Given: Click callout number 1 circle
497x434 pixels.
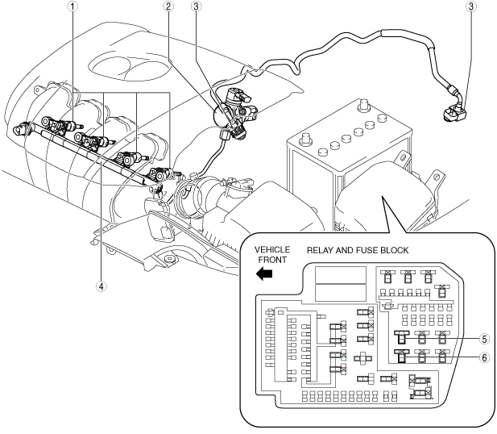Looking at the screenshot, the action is [x=73, y=6].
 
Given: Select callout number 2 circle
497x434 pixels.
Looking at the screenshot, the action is [x=168, y=6].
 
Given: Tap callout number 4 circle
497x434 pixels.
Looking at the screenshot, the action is [x=101, y=286].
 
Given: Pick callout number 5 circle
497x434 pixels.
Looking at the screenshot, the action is [x=484, y=339].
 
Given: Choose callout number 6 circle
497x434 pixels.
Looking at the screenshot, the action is [x=484, y=358].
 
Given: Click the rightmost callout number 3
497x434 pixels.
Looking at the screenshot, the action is [x=471, y=6].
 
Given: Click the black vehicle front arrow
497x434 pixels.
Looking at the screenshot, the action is [x=264, y=273].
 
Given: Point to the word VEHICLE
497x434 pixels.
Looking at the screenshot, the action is [x=272, y=250].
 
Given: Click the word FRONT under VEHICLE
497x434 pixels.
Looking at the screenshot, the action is [x=272, y=260].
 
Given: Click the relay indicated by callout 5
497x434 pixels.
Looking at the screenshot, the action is [x=402, y=337].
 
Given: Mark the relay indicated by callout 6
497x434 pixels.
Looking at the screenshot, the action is [x=402, y=356].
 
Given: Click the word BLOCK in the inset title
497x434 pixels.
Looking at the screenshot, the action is [x=395, y=251].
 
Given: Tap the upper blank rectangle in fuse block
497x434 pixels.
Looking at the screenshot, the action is [x=341, y=275].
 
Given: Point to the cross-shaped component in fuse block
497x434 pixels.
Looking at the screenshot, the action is [x=362, y=358].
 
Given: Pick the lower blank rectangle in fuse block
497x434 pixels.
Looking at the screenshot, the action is [x=341, y=293].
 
